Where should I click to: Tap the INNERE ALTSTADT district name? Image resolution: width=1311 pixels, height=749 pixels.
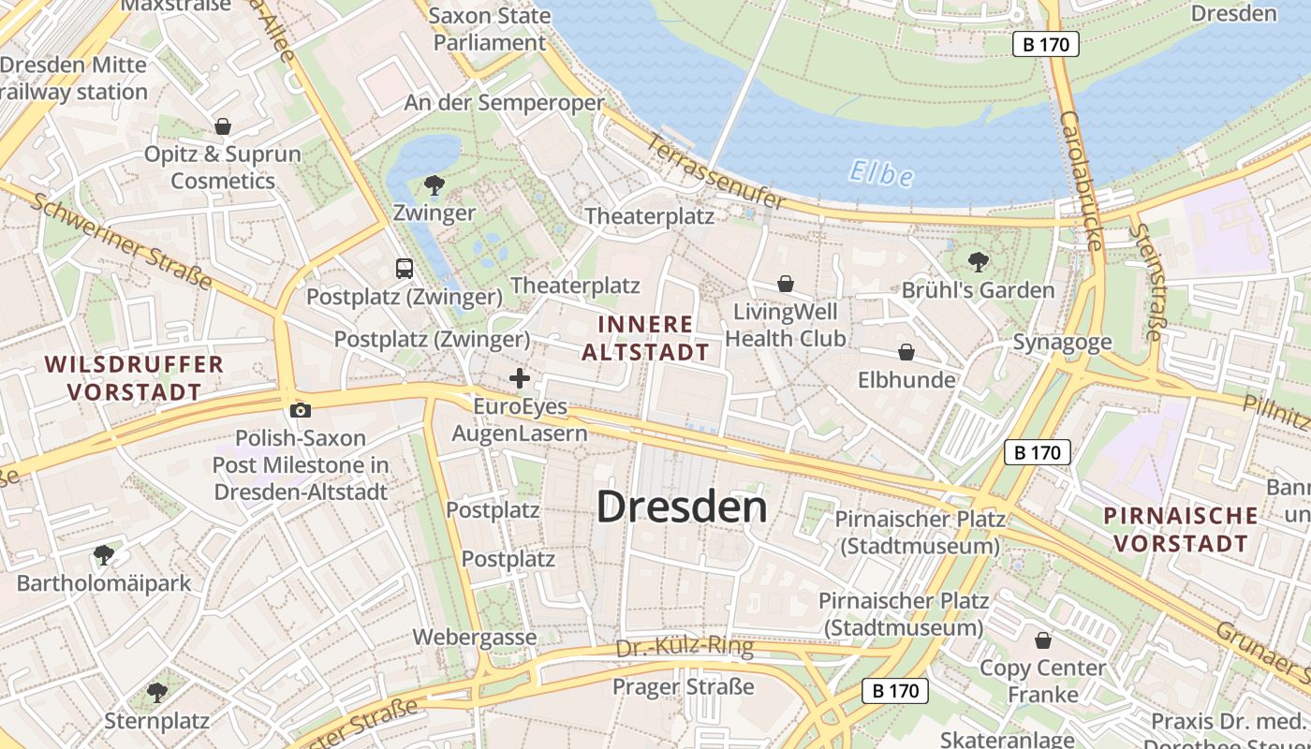click(645, 338)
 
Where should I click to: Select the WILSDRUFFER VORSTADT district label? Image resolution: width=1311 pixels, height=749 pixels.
click(134, 377)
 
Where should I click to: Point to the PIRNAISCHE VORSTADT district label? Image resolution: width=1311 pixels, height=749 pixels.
click(1180, 529)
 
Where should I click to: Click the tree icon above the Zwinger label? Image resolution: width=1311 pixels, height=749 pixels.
click(434, 184)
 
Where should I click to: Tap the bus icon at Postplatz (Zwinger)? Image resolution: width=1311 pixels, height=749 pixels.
click(405, 269)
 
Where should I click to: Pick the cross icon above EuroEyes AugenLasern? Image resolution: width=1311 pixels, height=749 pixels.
click(520, 378)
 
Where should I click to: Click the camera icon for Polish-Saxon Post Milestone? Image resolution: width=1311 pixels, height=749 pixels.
click(301, 410)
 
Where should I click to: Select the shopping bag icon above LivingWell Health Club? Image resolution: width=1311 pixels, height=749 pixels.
click(786, 283)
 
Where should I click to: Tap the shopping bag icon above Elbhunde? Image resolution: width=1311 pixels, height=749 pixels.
click(906, 352)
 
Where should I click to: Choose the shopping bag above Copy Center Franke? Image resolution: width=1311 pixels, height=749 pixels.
click(1042, 640)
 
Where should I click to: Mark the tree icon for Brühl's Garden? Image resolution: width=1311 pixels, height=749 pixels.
click(978, 261)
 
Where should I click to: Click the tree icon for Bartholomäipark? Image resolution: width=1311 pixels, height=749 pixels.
click(103, 554)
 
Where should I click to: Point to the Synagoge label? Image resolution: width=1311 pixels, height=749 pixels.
click(1062, 343)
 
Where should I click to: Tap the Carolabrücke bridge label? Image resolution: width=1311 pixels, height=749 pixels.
click(1082, 182)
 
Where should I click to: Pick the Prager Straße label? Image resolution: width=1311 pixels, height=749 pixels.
click(683, 687)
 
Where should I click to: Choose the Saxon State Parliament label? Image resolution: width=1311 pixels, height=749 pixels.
click(489, 29)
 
